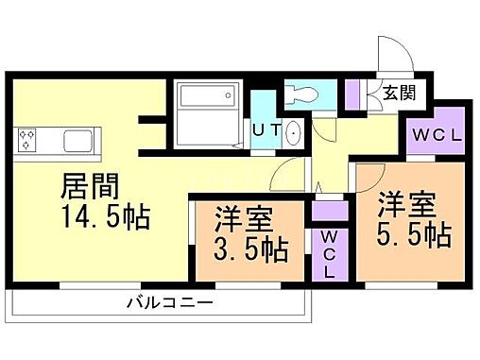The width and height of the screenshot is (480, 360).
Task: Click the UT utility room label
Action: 265,131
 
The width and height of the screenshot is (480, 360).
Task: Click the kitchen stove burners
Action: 27,141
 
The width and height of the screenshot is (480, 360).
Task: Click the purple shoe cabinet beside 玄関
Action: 351,93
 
